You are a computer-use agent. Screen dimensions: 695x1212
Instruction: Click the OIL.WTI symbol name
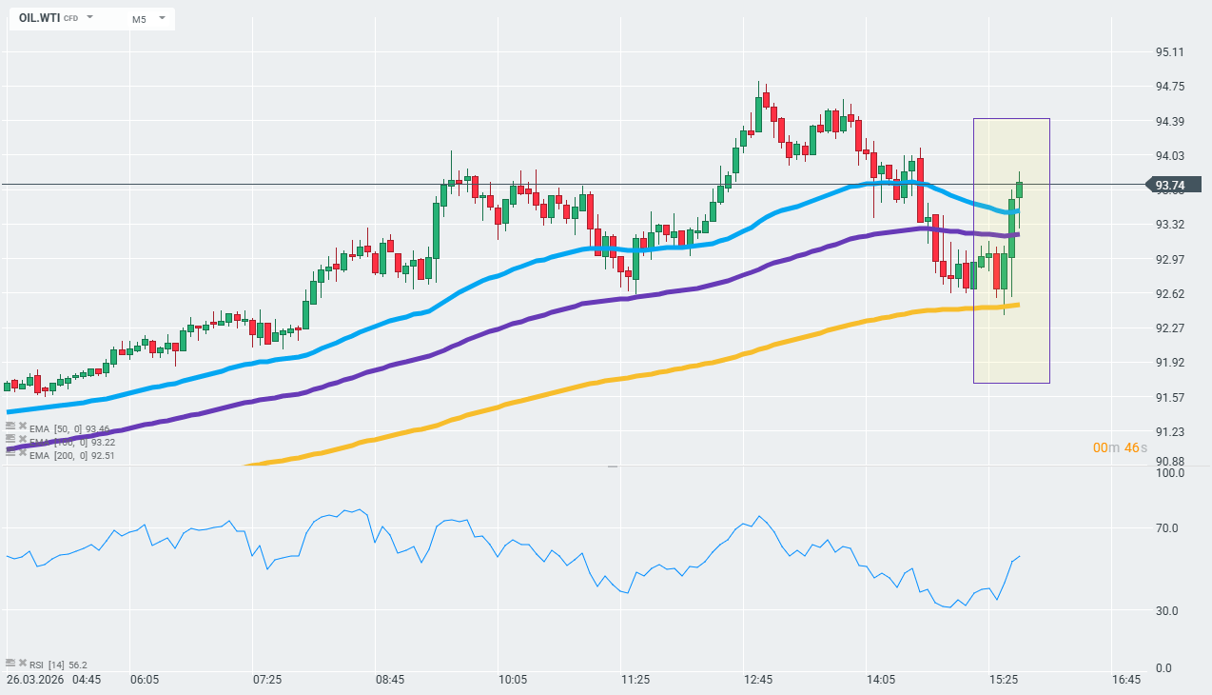pyautogui.click(x=39, y=18)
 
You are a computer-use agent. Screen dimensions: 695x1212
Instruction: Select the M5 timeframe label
pyautogui.click(x=139, y=19)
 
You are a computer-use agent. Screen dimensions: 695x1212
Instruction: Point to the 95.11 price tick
pyautogui.click(x=1169, y=52)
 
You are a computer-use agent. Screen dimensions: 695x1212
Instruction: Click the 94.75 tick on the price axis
pyautogui.click(x=1169, y=87)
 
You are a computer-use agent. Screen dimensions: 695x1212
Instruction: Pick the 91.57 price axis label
pyautogui.click(x=1169, y=397)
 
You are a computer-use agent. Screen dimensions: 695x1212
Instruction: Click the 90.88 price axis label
pyautogui.click(x=1169, y=463)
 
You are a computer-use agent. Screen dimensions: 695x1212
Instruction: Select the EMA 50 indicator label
pyautogui.click(x=69, y=428)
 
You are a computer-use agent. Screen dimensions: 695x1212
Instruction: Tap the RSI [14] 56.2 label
pyautogui.click(x=58, y=665)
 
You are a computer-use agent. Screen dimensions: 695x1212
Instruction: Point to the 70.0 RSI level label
pyautogui.click(x=1166, y=528)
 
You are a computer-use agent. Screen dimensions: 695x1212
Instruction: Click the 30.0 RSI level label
pyautogui.click(x=1166, y=611)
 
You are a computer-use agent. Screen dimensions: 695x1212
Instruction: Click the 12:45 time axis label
pyautogui.click(x=758, y=680)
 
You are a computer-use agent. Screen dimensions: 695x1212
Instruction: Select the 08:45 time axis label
pyautogui.click(x=390, y=680)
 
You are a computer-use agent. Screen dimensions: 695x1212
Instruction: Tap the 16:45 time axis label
pyautogui.click(x=1126, y=680)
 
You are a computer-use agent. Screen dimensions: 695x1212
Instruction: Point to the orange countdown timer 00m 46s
pyautogui.click(x=1120, y=447)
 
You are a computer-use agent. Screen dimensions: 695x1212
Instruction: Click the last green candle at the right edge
pyautogui.click(x=1019, y=189)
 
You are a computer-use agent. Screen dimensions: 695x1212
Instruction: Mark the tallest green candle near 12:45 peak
pyautogui.click(x=758, y=113)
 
